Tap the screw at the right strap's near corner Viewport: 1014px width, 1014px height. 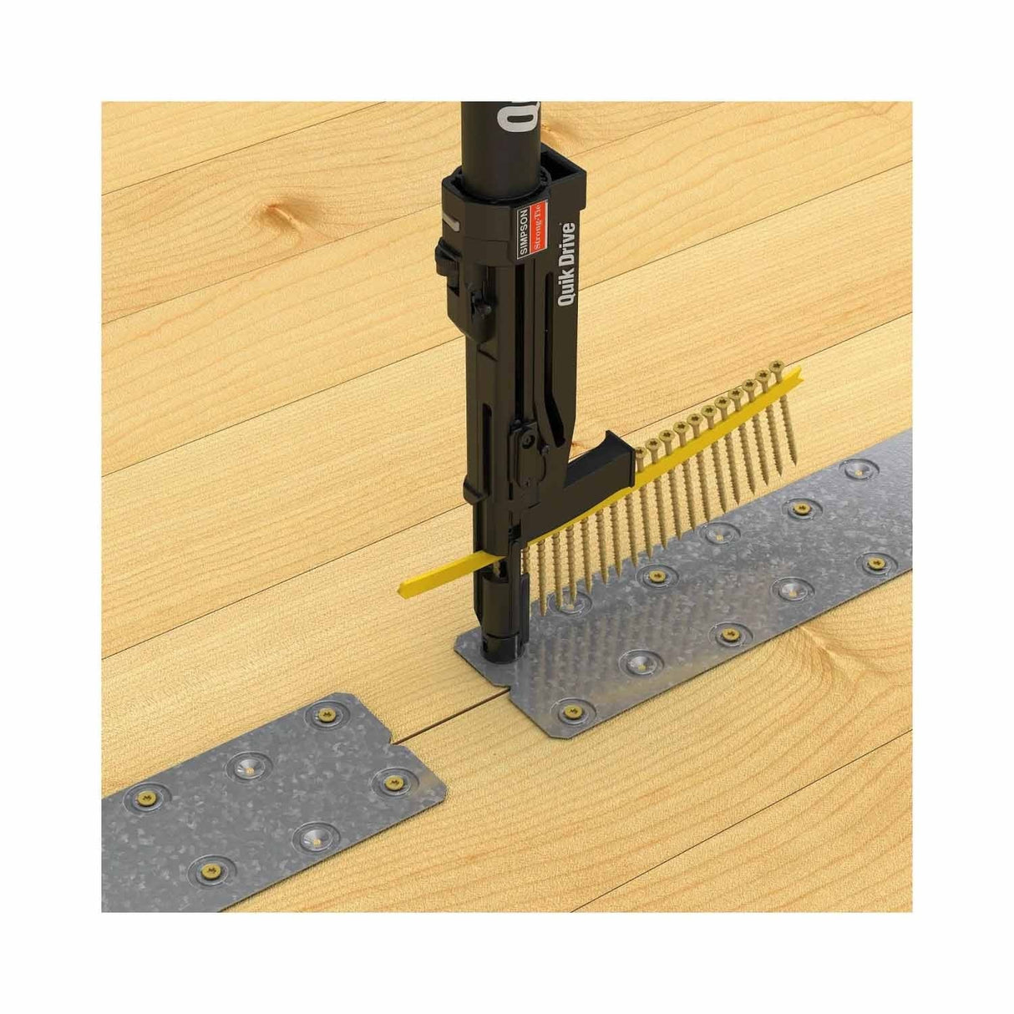(572, 711)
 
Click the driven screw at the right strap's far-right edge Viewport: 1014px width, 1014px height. (876, 565)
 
